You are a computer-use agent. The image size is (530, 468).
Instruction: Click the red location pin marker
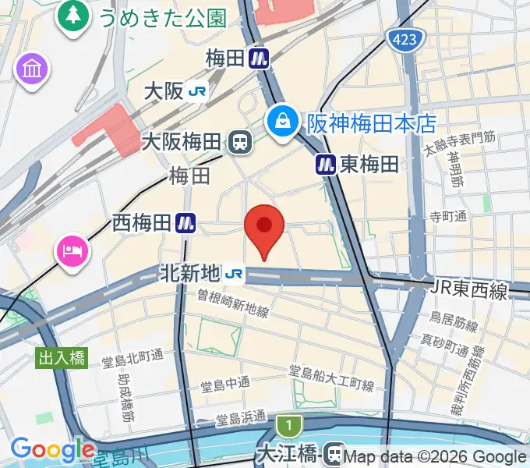[x=264, y=227]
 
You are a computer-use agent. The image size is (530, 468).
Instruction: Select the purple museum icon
[x=32, y=70]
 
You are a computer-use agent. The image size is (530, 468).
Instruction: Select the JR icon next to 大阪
[x=197, y=91]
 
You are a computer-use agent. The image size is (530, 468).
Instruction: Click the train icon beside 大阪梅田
[x=241, y=142]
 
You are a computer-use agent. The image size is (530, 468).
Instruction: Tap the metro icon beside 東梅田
[x=326, y=164]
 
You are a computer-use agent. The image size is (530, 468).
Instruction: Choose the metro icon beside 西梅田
[x=185, y=223]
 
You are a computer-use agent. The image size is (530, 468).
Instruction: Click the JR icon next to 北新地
[x=232, y=274]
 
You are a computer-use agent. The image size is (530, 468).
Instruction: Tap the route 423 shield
[x=409, y=39]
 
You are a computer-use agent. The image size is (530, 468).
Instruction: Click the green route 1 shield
[x=288, y=427]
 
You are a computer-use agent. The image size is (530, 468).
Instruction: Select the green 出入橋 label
[x=62, y=358]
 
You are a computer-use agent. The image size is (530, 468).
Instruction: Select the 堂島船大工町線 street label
[x=331, y=378]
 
